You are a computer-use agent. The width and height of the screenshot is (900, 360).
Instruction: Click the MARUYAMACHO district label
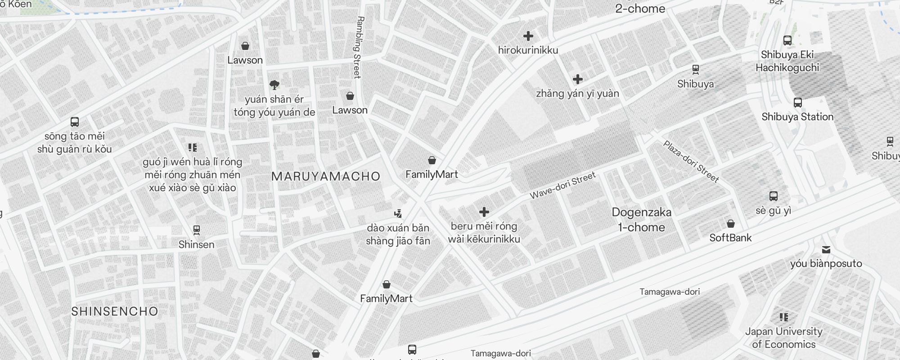click(326, 176)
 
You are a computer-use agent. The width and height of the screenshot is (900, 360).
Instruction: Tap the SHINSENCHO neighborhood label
click(115, 311)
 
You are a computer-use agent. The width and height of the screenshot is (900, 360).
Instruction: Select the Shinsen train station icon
click(196, 230)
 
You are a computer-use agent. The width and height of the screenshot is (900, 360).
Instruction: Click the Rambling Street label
click(358, 47)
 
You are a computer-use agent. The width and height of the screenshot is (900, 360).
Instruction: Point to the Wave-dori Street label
click(562, 185)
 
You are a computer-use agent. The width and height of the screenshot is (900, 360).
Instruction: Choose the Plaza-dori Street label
click(691, 161)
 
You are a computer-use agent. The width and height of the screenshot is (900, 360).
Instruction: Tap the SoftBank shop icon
click(731, 224)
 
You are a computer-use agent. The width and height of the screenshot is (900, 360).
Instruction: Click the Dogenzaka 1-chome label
click(641, 220)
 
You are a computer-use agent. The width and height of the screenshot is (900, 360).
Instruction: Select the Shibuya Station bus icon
click(798, 103)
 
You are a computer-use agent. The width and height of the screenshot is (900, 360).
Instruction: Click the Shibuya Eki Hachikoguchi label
click(787, 61)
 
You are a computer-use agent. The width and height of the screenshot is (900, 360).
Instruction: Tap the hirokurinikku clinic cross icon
click(528, 36)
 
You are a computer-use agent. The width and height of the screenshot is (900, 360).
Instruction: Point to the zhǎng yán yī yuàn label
click(577, 94)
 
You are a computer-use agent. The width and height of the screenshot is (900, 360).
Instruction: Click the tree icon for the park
click(274, 85)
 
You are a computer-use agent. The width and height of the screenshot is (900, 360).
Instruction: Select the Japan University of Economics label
click(783, 338)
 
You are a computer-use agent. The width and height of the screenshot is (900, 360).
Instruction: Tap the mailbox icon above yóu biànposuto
click(826, 249)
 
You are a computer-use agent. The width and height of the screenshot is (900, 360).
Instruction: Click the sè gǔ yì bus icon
click(774, 196)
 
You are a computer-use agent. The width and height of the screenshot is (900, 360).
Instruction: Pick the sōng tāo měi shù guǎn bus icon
click(75, 122)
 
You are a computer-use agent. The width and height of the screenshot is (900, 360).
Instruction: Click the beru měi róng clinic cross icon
click(484, 212)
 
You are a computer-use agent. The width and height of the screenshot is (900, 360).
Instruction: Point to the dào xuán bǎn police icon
click(398, 213)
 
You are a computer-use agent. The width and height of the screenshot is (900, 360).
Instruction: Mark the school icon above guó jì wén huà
click(193, 148)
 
